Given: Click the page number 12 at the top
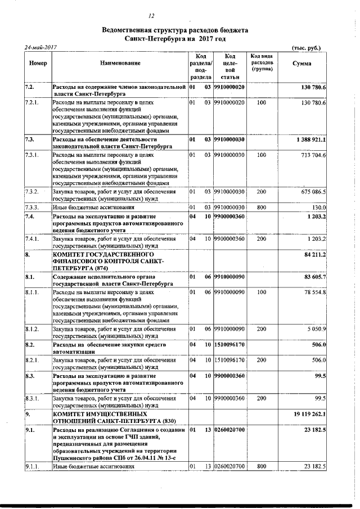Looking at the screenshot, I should (x=151, y=16).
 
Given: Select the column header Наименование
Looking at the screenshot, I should (x=120, y=64).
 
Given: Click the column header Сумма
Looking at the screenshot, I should (x=302, y=64).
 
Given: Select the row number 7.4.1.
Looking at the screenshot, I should (x=32, y=238).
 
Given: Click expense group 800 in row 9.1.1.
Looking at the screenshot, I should (x=261, y=466).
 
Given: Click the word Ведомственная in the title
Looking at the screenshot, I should (x=129, y=30).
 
